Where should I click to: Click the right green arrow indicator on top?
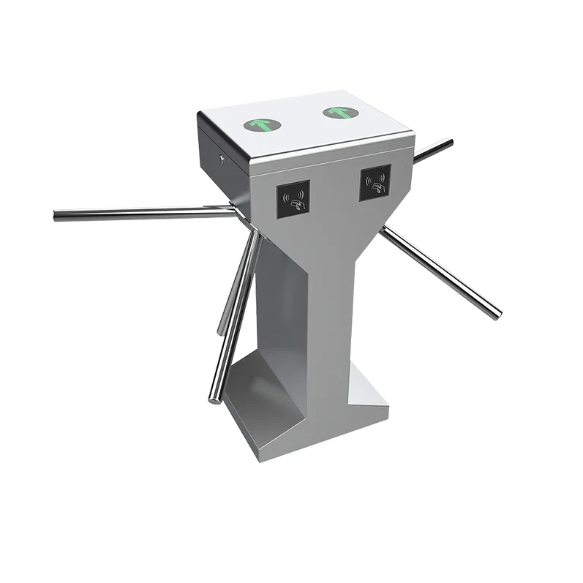coord(338,112)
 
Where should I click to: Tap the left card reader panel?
coord(293,198)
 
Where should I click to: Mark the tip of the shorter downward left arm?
coord(220,331)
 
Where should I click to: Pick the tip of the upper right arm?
coord(449,142)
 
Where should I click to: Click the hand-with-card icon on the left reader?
coord(294,202)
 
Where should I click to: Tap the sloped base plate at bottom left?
coord(256,410)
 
